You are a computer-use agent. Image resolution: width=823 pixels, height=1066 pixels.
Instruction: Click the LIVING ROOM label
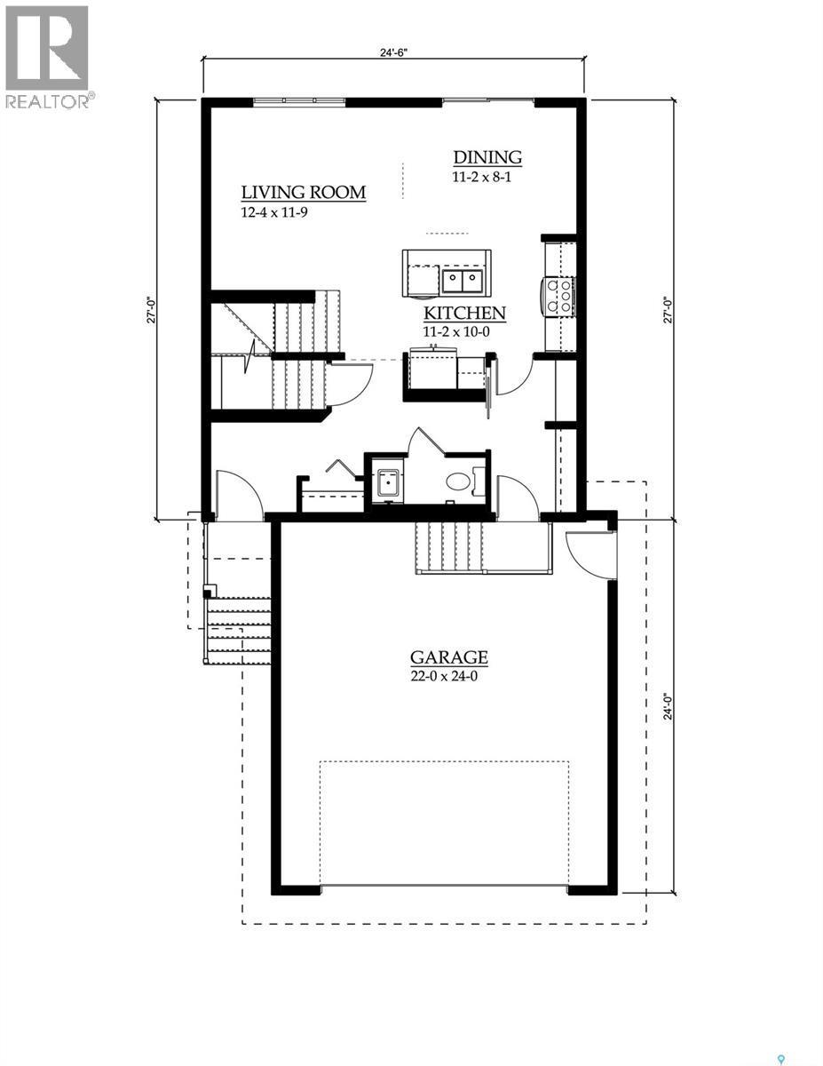pos(304,193)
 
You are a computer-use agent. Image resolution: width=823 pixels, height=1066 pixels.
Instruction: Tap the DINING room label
pos(487,157)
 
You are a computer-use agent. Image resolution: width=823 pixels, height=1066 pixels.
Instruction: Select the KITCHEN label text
pos(463,313)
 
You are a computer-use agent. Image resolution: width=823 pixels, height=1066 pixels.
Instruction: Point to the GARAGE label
pos(448,657)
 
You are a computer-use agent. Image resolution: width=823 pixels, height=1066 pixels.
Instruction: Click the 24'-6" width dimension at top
pos(392,52)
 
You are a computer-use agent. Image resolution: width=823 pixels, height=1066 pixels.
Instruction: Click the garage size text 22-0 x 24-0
pos(448,676)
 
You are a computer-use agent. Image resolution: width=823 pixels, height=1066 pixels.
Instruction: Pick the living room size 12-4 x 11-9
pos(274,212)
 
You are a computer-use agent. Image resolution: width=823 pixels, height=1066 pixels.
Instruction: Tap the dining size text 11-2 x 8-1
pos(482,177)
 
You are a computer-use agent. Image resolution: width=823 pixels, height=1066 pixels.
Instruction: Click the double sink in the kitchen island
pos(462,282)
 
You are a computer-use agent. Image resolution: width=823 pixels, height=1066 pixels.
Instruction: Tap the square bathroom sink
pos(386,483)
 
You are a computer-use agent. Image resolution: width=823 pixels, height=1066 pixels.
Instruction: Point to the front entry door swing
pos(238,496)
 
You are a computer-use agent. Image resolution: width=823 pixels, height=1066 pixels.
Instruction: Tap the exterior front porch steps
pos(238,631)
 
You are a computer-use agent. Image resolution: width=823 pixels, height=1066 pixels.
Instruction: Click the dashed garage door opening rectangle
pos(444,823)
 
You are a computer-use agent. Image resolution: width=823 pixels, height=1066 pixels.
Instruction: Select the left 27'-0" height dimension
pos(152,308)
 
